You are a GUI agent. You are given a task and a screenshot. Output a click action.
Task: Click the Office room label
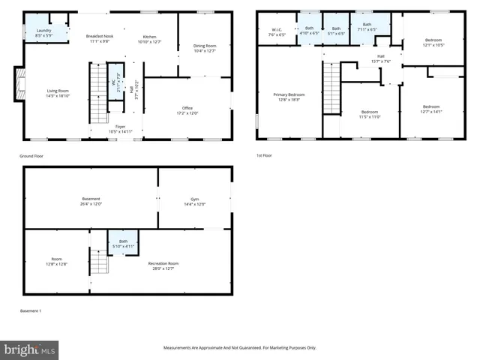187,110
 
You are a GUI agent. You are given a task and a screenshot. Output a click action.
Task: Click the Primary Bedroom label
289,97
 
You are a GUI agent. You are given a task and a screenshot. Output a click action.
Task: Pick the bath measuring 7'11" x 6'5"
367,28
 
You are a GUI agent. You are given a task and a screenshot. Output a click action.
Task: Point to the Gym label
195,202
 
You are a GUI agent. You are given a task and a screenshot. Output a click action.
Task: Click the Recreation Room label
163,265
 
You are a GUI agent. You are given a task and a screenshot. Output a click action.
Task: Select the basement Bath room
123,243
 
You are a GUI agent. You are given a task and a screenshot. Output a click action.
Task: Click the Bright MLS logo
30,349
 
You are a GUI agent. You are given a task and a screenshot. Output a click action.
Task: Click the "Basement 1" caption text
30,310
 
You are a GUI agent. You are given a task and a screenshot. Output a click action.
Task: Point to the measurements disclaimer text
240,348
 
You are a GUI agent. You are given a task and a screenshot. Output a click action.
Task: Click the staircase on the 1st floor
331,88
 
